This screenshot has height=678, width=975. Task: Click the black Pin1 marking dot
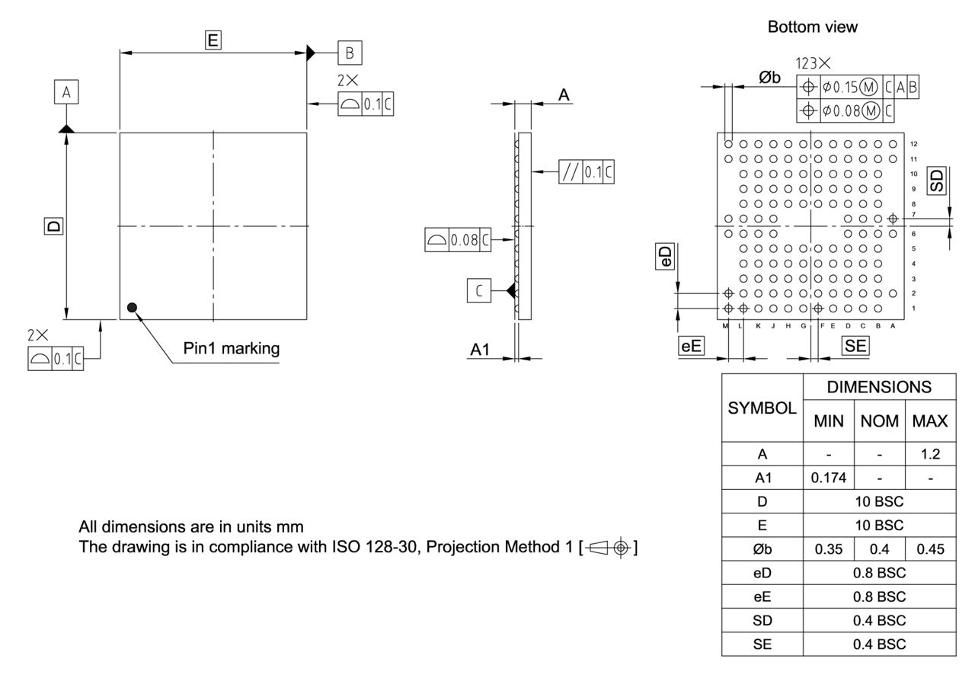[x=133, y=307]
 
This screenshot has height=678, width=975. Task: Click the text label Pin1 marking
[x=232, y=349]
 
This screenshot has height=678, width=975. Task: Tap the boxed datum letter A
[x=66, y=92]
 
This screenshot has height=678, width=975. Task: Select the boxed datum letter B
[x=350, y=53]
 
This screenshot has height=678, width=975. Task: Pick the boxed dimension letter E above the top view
[x=213, y=41]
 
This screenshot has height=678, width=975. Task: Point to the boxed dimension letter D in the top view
[x=53, y=226]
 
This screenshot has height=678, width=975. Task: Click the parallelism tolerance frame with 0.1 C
[x=586, y=172]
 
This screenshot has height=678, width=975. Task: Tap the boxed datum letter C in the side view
[x=479, y=290]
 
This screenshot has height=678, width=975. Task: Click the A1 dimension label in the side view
[x=480, y=350]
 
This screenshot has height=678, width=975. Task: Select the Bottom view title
[x=812, y=27]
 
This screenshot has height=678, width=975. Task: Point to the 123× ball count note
[x=813, y=63]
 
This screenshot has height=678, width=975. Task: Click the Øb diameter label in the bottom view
[x=769, y=77]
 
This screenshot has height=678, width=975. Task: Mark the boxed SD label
[x=937, y=181]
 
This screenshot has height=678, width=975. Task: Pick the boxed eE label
[x=691, y=346]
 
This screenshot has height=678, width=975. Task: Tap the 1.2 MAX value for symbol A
[x=929, y=455]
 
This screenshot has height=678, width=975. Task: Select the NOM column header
[x=880, y=421]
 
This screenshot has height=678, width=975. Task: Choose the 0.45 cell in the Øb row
[x=929, y=549]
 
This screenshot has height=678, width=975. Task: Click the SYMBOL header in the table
[x=762, y=408]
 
